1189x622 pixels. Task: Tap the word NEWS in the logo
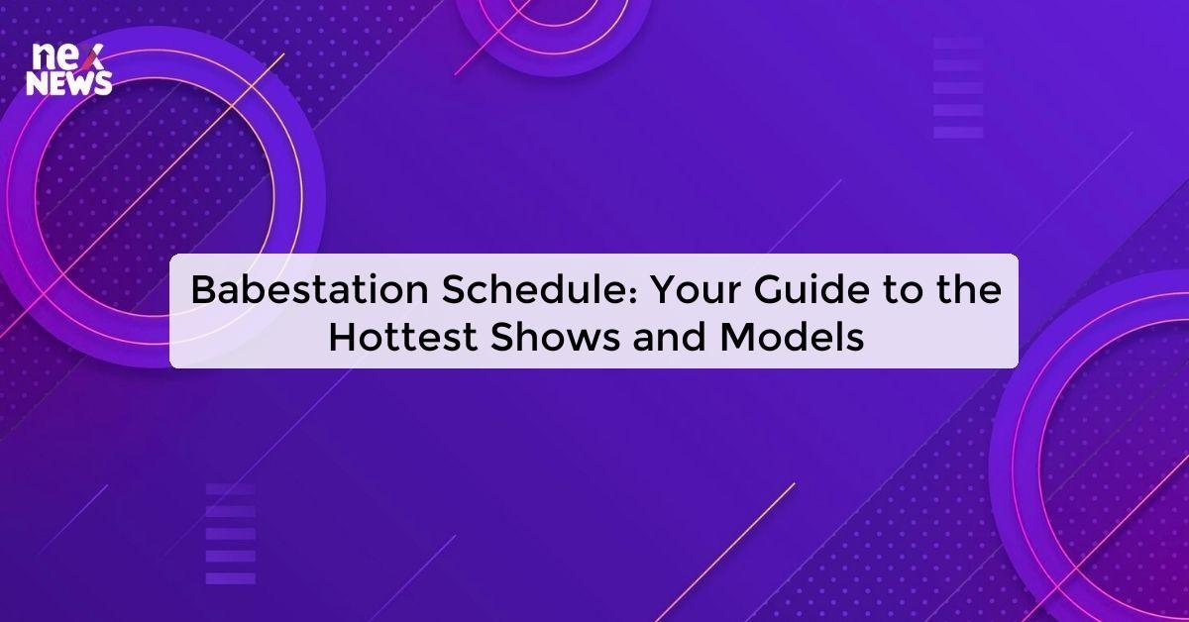click(x=69, y=84)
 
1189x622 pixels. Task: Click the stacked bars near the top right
click(x=958, y=87)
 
